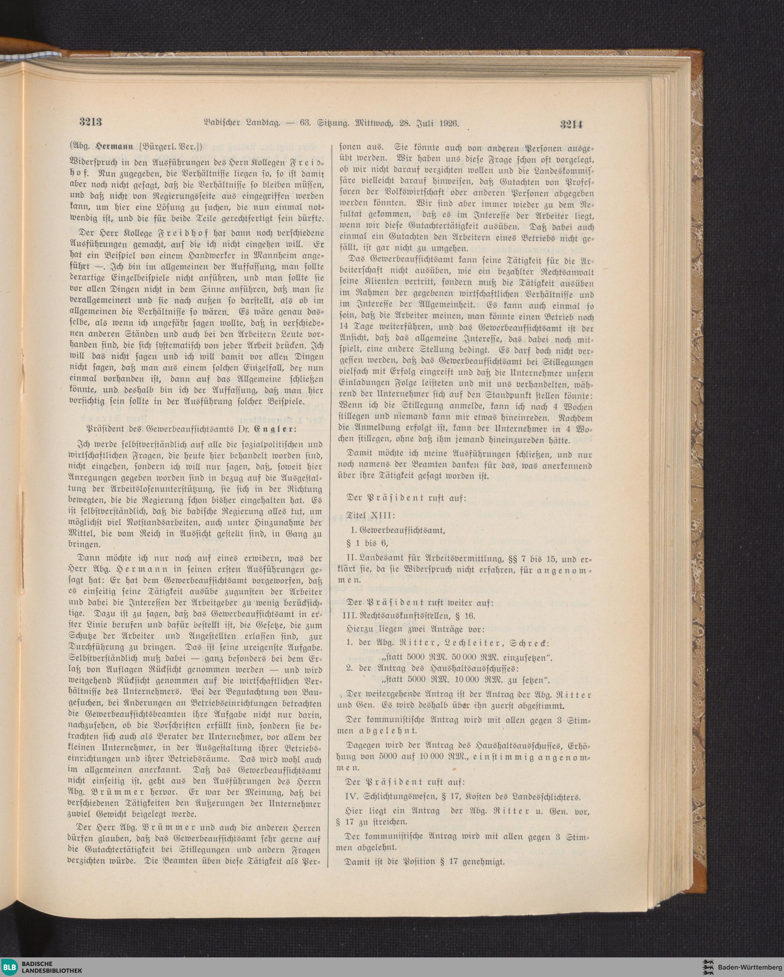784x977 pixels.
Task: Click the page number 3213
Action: click(x=91, y=123)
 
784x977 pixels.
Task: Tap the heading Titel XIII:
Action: click(x=370, y=516)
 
